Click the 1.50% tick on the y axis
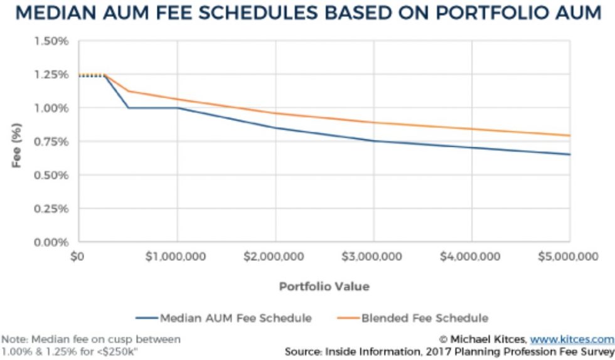click(x=55, y=41)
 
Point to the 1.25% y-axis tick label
click(x=55, y=75)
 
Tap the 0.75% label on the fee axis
click(x=55, y=142)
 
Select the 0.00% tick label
click(x=55, y=242)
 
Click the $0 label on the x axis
click(x=78, y=257)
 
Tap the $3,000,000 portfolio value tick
click(x=373, y=257)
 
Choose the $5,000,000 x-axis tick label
click(x=569, y=257)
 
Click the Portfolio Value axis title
click(x=324, y=287)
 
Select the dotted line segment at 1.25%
click(x=91, y=75)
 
